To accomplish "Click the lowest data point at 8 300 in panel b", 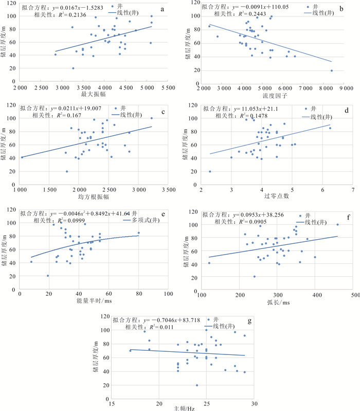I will point(332,70).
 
